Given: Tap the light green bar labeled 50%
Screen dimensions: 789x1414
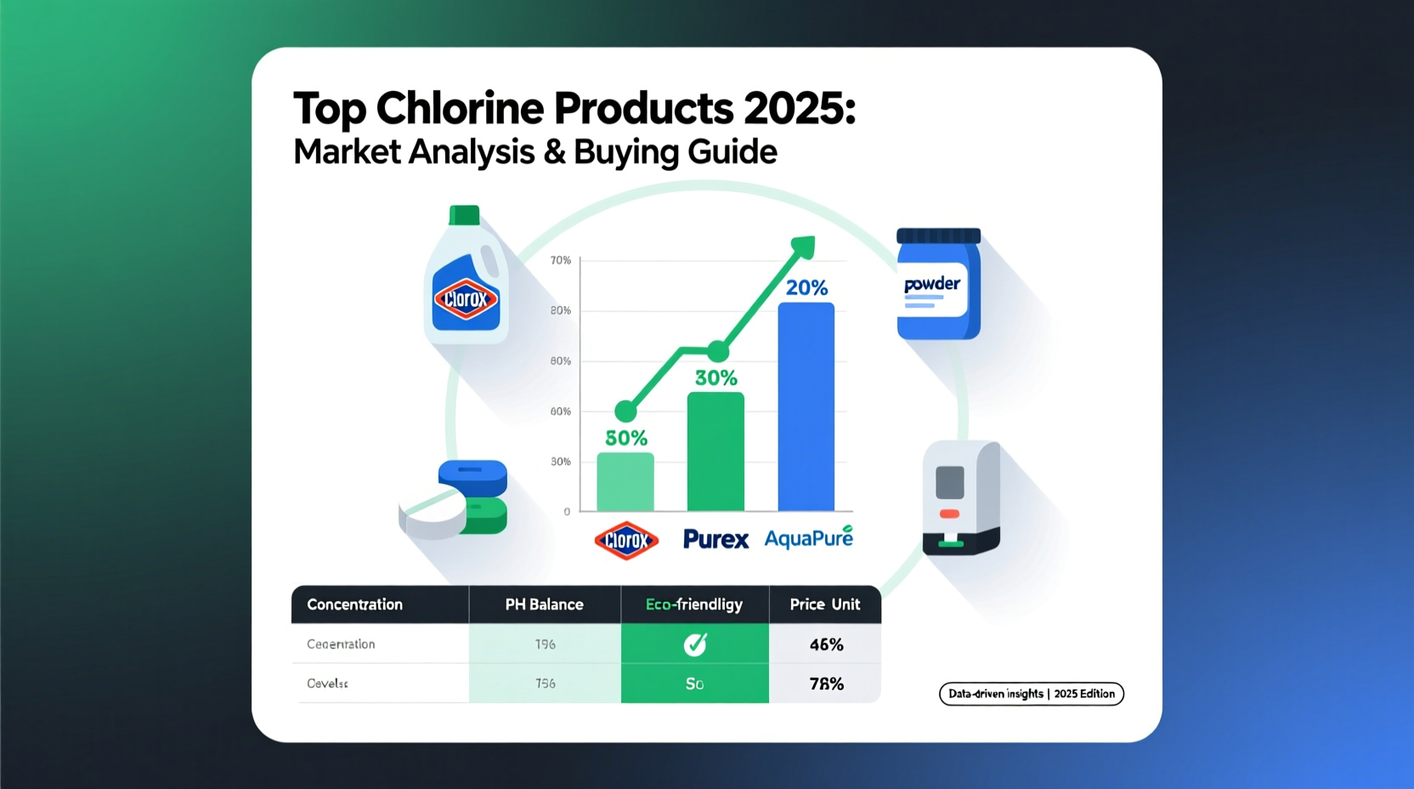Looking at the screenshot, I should [625, 481].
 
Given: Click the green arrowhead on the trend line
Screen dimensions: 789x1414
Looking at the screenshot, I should [803, 247].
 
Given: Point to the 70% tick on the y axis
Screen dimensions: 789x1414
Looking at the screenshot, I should [561, 260].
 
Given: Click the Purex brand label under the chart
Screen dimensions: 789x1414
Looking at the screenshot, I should [715, 539].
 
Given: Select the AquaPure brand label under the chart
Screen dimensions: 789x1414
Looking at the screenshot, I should [808, 538].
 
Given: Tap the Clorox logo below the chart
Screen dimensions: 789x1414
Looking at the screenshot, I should [626, 540].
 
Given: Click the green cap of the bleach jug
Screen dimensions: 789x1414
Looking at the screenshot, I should [464, 215].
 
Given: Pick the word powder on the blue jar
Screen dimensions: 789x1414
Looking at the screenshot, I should [932, 284].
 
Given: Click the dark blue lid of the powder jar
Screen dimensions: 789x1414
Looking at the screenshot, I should [938, 236].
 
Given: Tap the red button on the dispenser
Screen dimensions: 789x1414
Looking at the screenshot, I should [949, 514].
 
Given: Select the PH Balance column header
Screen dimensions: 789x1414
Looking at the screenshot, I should [544, 605].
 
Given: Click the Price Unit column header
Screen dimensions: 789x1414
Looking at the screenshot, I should [824, 605].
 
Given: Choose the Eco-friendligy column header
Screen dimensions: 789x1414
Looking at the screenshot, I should [694, 605].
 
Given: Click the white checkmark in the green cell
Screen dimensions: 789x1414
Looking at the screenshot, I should [695, 644].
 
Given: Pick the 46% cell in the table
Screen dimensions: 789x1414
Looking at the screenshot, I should [826, 644].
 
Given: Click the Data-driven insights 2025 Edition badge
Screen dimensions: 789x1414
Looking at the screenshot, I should [1031, 694].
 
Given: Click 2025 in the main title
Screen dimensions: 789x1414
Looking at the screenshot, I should [799, 109].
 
